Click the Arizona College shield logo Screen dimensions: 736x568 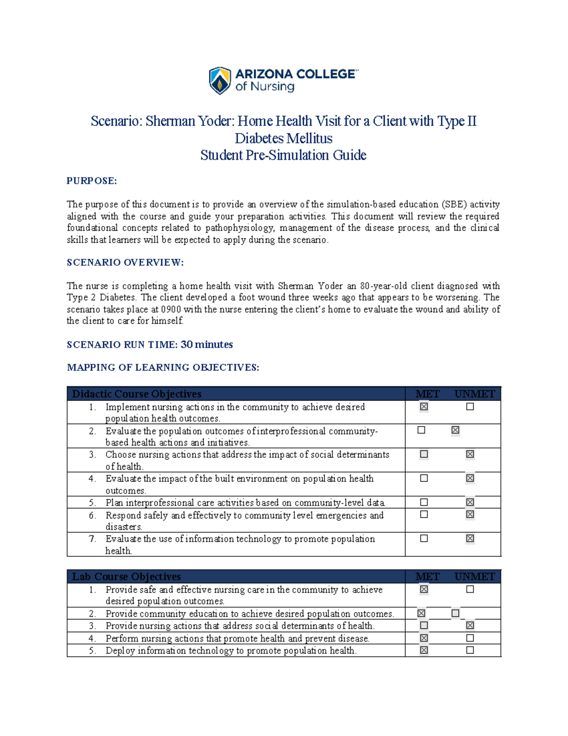coord(220,81)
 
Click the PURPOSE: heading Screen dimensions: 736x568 coord(91,181)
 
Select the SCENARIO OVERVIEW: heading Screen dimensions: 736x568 coord(125,263)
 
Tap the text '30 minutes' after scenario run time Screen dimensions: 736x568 coord(207,345)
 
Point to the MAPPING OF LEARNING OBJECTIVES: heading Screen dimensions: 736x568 coord(163,367)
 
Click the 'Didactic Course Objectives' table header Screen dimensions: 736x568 coord(137,394)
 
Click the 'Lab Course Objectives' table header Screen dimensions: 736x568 coord(126,577)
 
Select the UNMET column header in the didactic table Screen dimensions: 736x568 coord(474,394)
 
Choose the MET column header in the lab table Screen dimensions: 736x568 coord(427,577)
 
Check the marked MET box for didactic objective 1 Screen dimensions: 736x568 coord(424,407)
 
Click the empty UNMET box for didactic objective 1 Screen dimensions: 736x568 coord(470,407)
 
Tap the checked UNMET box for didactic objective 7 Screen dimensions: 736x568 coord(470,538)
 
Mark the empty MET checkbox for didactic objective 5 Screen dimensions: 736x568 coord(424,502)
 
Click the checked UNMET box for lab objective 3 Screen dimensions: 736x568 coord(470,626)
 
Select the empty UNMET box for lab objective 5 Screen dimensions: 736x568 coord(470,650)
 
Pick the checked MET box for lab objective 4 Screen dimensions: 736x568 coord(424,638)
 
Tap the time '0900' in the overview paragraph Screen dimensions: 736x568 coord(171,309)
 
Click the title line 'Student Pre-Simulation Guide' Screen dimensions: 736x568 coord(283,155)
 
